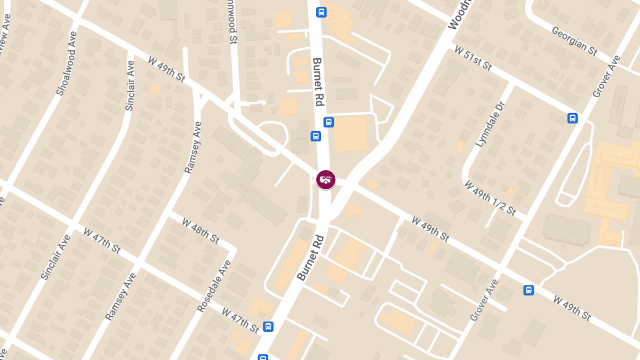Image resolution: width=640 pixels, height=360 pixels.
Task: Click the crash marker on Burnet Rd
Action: (x=325, y=180)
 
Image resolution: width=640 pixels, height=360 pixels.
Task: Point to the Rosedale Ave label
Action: (x=214, y=286)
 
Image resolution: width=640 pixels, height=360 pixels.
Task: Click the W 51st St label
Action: (x=473, y=58)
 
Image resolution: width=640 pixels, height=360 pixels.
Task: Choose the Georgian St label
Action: (x=574, y=41)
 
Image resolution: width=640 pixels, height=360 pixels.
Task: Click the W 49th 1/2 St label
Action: (x=490, y=198)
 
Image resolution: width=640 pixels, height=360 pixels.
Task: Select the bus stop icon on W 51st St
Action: (x=572, y=118)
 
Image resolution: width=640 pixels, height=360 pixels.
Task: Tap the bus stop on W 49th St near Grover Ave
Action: (x=528, y=290)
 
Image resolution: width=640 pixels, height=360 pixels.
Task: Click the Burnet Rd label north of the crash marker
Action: (x=318, y=82)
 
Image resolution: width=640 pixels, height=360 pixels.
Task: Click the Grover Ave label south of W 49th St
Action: (x=484, y=300)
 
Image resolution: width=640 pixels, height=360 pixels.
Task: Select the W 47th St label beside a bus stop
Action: (x=241, y=318)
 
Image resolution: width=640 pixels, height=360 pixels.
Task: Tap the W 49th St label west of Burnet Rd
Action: (x=166, y=69)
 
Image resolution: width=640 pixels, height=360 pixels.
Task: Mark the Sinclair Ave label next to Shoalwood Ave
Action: (x=130, y=85)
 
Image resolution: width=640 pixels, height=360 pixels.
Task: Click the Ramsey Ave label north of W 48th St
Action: (x=193, y=148)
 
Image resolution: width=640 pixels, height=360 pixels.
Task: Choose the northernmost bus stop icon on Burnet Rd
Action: (x=321, y=12)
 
